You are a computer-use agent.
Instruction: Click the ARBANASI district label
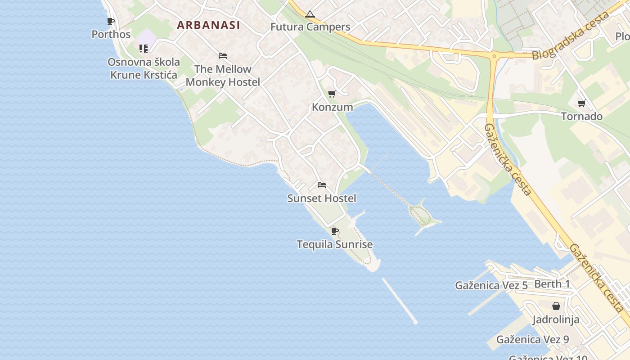tap(208, 25)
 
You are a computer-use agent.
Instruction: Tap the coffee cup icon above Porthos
tap(110, 21)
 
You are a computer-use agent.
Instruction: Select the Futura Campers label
tap(310, 27)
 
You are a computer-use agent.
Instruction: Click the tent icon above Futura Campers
tap(310, 14)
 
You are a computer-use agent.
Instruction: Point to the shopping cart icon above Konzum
tap(332, 94)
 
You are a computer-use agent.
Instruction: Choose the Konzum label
tap(333, 107)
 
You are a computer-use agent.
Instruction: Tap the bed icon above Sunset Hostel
tap(321, 185)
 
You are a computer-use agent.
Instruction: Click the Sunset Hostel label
tap(322, 198)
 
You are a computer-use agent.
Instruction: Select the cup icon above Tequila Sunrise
tap(334, 231)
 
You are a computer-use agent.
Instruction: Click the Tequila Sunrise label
tap(335, 245)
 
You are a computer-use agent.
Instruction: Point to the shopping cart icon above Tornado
tap(581, 103)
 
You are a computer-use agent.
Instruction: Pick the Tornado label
tap(581, 117)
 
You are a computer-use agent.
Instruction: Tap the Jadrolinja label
tap(556, 320)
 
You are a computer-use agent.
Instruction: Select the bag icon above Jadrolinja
tap(556, 306)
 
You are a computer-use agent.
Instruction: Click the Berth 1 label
tap(552, 284)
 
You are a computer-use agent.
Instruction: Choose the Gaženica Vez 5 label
tap(491, 285)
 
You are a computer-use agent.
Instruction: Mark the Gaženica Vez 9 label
tap(533, 339)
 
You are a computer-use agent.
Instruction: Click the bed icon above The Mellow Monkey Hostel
tap(222, 56)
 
